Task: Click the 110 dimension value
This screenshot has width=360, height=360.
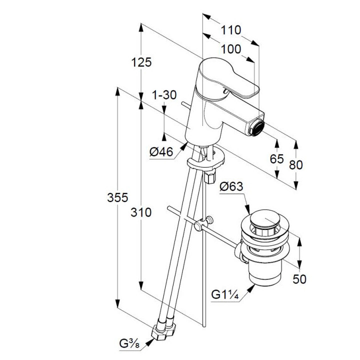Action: point(230,30)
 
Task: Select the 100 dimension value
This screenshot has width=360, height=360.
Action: point(230,49)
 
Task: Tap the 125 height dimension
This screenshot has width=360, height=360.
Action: point(141,62)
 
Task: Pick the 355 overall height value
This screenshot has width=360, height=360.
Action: point(118,198)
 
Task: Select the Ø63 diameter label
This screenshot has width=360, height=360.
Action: point(231,186)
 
